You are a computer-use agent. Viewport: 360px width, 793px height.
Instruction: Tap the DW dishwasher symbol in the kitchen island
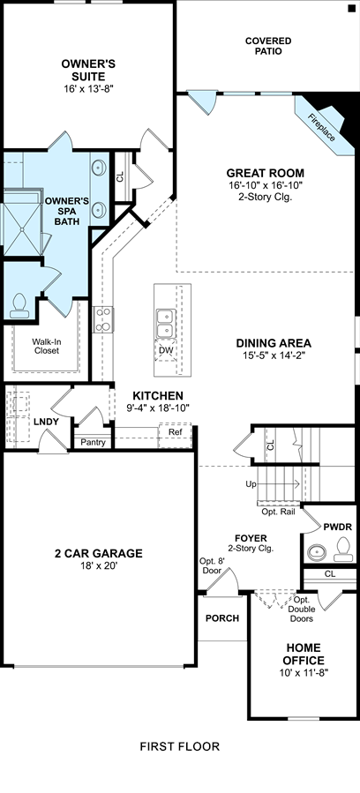(x=166, y=350)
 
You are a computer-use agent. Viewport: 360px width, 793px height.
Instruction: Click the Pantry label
(x=94, y=443)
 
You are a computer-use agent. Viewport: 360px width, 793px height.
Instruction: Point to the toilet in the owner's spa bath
(x=19, y=306)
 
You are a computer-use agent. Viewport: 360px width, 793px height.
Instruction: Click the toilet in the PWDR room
(x=344, y=548)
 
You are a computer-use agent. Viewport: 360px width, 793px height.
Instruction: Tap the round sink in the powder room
(x=317, y=551)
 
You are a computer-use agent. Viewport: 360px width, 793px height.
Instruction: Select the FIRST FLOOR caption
(x=179, y=746)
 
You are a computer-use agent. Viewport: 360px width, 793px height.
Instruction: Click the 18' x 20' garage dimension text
(x=99, y=566)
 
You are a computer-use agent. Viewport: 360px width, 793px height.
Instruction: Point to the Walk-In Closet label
(x=46, y=346)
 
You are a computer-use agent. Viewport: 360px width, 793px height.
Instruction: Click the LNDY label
(x=47, y=422)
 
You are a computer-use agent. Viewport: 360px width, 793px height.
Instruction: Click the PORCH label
(x=222, y=618)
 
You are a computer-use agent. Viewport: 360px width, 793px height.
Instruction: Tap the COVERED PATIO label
(x=268, y=46)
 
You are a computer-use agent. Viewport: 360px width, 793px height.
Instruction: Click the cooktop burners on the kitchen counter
(x=103, y=320)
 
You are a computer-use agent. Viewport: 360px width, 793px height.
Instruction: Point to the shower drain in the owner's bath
(x=22, y=229)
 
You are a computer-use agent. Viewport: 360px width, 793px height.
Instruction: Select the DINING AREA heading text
(x=274, y=343)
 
